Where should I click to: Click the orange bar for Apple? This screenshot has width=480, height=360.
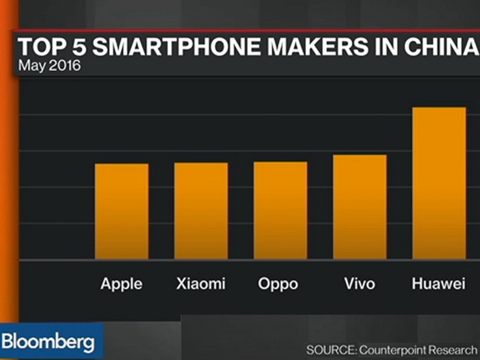(x=122, y=211)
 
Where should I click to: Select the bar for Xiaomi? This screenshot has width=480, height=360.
(x=201, y=211)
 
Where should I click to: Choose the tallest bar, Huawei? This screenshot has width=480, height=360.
(x=439, y=183)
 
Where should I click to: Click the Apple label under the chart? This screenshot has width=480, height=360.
(x=122, y=284)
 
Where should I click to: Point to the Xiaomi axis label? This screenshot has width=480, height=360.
(x=201, y=284)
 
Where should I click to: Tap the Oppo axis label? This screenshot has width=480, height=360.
(x=278, y=285)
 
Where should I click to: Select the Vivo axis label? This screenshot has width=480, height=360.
(x=360, y=284)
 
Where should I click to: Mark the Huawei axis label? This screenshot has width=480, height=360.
(x=439, y=284)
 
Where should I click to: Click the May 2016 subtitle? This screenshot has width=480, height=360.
(x=49, y=66)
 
